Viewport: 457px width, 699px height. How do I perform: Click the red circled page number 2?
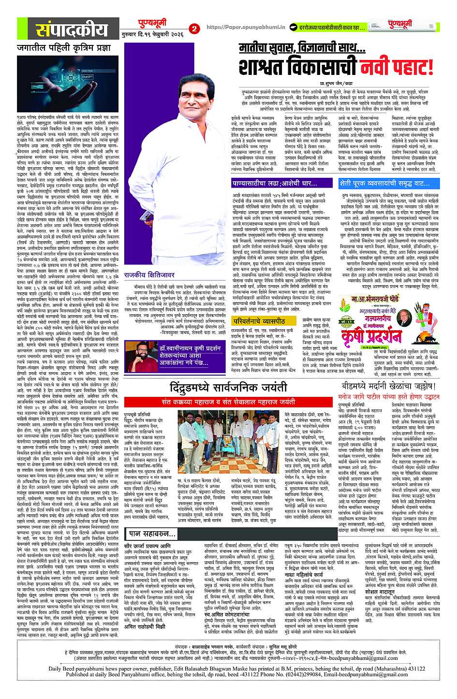click(194, 29)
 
